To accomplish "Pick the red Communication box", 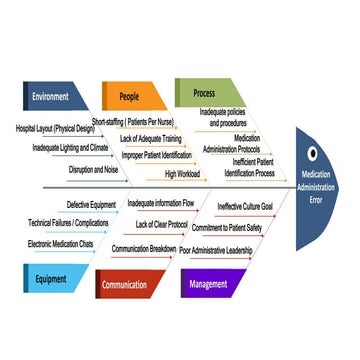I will [x=130, y=285].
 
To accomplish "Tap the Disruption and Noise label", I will [x=93, y=170].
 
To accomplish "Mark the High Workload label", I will [x=183, y=174].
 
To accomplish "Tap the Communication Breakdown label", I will [x=143, y=248].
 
